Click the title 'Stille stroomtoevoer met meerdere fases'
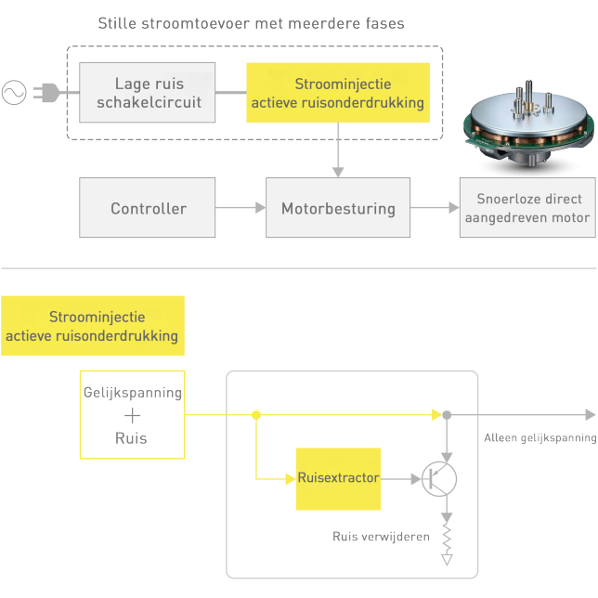pyautogui.click(x=251, y=23)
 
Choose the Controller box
pyautogui.click(x=149, y=209)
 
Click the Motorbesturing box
pyautogui.click(x=338, y=209)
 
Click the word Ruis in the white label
pyautogui.click(x=132, y=438)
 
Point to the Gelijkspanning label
pyautogui.click(x=132, y=393)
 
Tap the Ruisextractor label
pyautogui.click(x=338, y=477)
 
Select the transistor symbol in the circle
pyautogui.click(x=437, y=477)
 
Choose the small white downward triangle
pyautogui.click(x=448, y=559)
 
